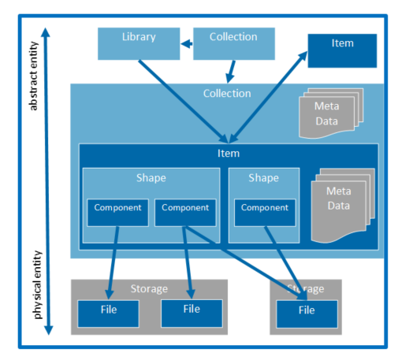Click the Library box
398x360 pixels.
point(139,44)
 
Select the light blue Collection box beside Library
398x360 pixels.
point(234,44)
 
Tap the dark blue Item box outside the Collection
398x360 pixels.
point(342,50)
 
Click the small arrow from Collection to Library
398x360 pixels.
point(187,43)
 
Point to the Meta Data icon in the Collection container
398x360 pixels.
point(331,113)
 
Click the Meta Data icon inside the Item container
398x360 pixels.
point(343,206)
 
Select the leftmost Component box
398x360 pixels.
point(117,213)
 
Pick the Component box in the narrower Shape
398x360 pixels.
point(265,213)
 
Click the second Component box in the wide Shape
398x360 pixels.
point(185,213)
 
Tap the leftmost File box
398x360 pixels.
point(108,314)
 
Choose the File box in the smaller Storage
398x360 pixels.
point(307,314)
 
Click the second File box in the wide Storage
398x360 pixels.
point(192,314)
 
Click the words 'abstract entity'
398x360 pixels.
point(34,76)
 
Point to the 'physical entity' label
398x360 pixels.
point(37,285)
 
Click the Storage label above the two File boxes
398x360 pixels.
point(149,288)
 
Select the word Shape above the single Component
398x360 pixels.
point(264,178)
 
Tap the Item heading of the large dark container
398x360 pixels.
point(229,154)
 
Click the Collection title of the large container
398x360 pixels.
point(227,94)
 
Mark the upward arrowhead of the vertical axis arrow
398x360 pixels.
point(46,32)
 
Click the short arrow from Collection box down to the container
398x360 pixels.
point(231,72)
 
